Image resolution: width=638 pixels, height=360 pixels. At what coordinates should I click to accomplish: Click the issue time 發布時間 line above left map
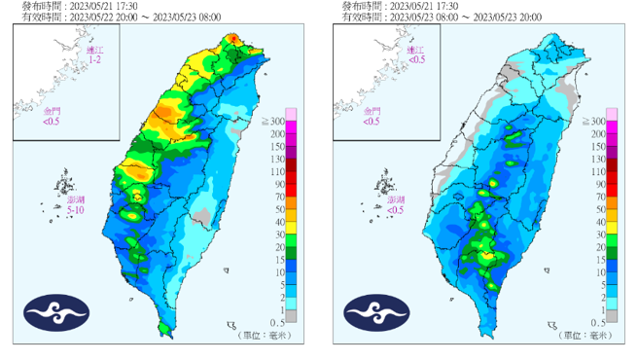coord(81,6)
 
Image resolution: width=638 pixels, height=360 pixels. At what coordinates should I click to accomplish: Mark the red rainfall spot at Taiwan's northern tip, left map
coord(232,39)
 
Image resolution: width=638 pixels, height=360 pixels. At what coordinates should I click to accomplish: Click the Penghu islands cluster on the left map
coord(64,182)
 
